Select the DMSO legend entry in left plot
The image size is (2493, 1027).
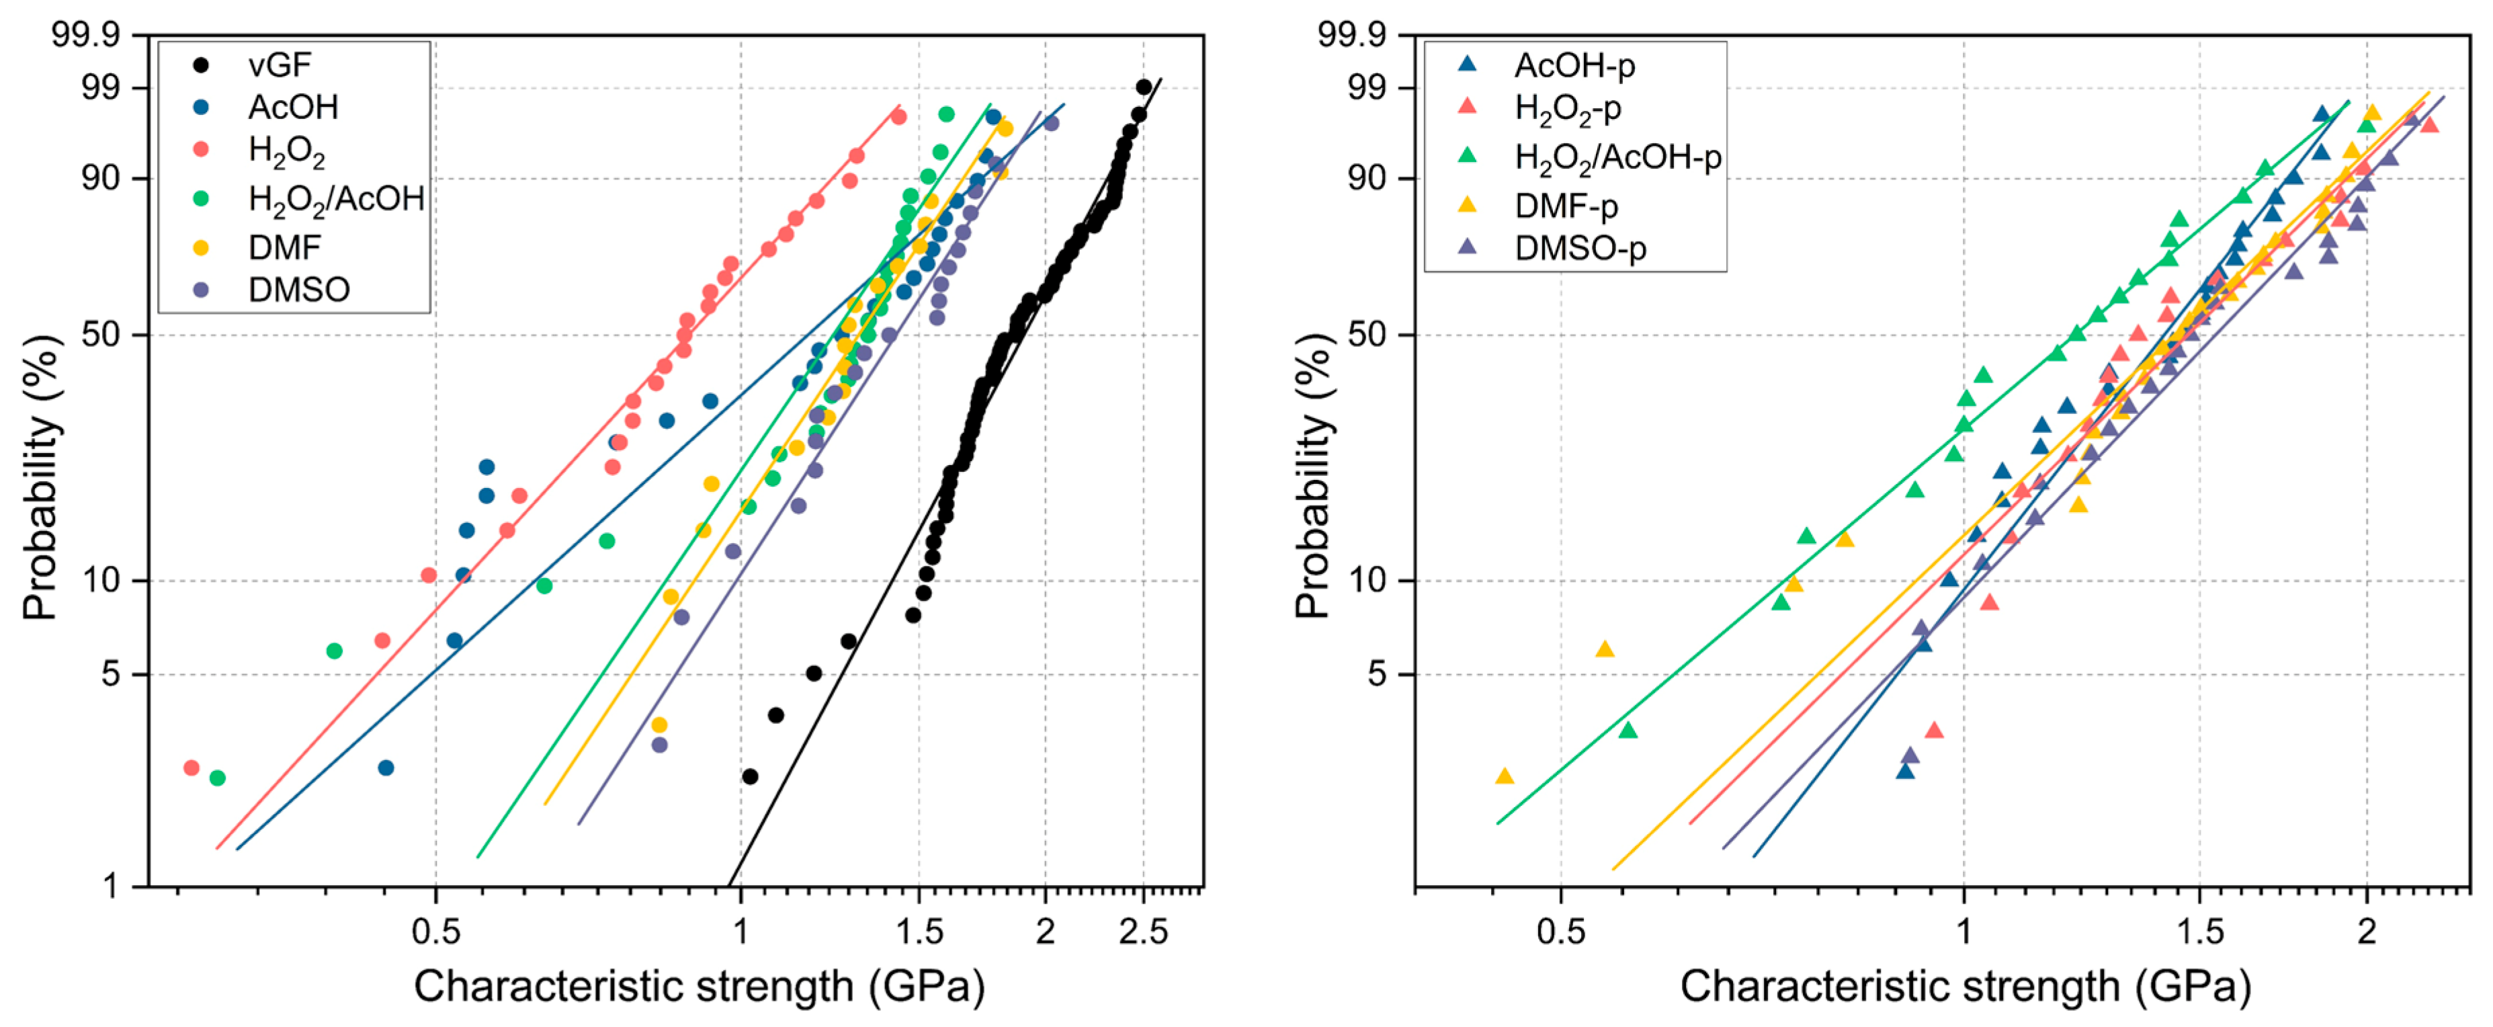[298, 290]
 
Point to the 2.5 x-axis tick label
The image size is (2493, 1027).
[1143, 932]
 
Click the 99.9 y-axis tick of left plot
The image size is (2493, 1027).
[85, 35]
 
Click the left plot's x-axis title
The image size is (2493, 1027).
[699, 987]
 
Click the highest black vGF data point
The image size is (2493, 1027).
[1143, 87]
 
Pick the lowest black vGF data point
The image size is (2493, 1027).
[749, 776]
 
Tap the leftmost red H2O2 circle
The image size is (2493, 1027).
[192, 768]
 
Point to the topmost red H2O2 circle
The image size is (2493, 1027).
[898, 117]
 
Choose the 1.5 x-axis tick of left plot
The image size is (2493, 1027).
[919, 932]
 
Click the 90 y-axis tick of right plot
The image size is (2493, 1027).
[1367, 178]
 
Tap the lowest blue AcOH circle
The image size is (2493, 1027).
[385, 768]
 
